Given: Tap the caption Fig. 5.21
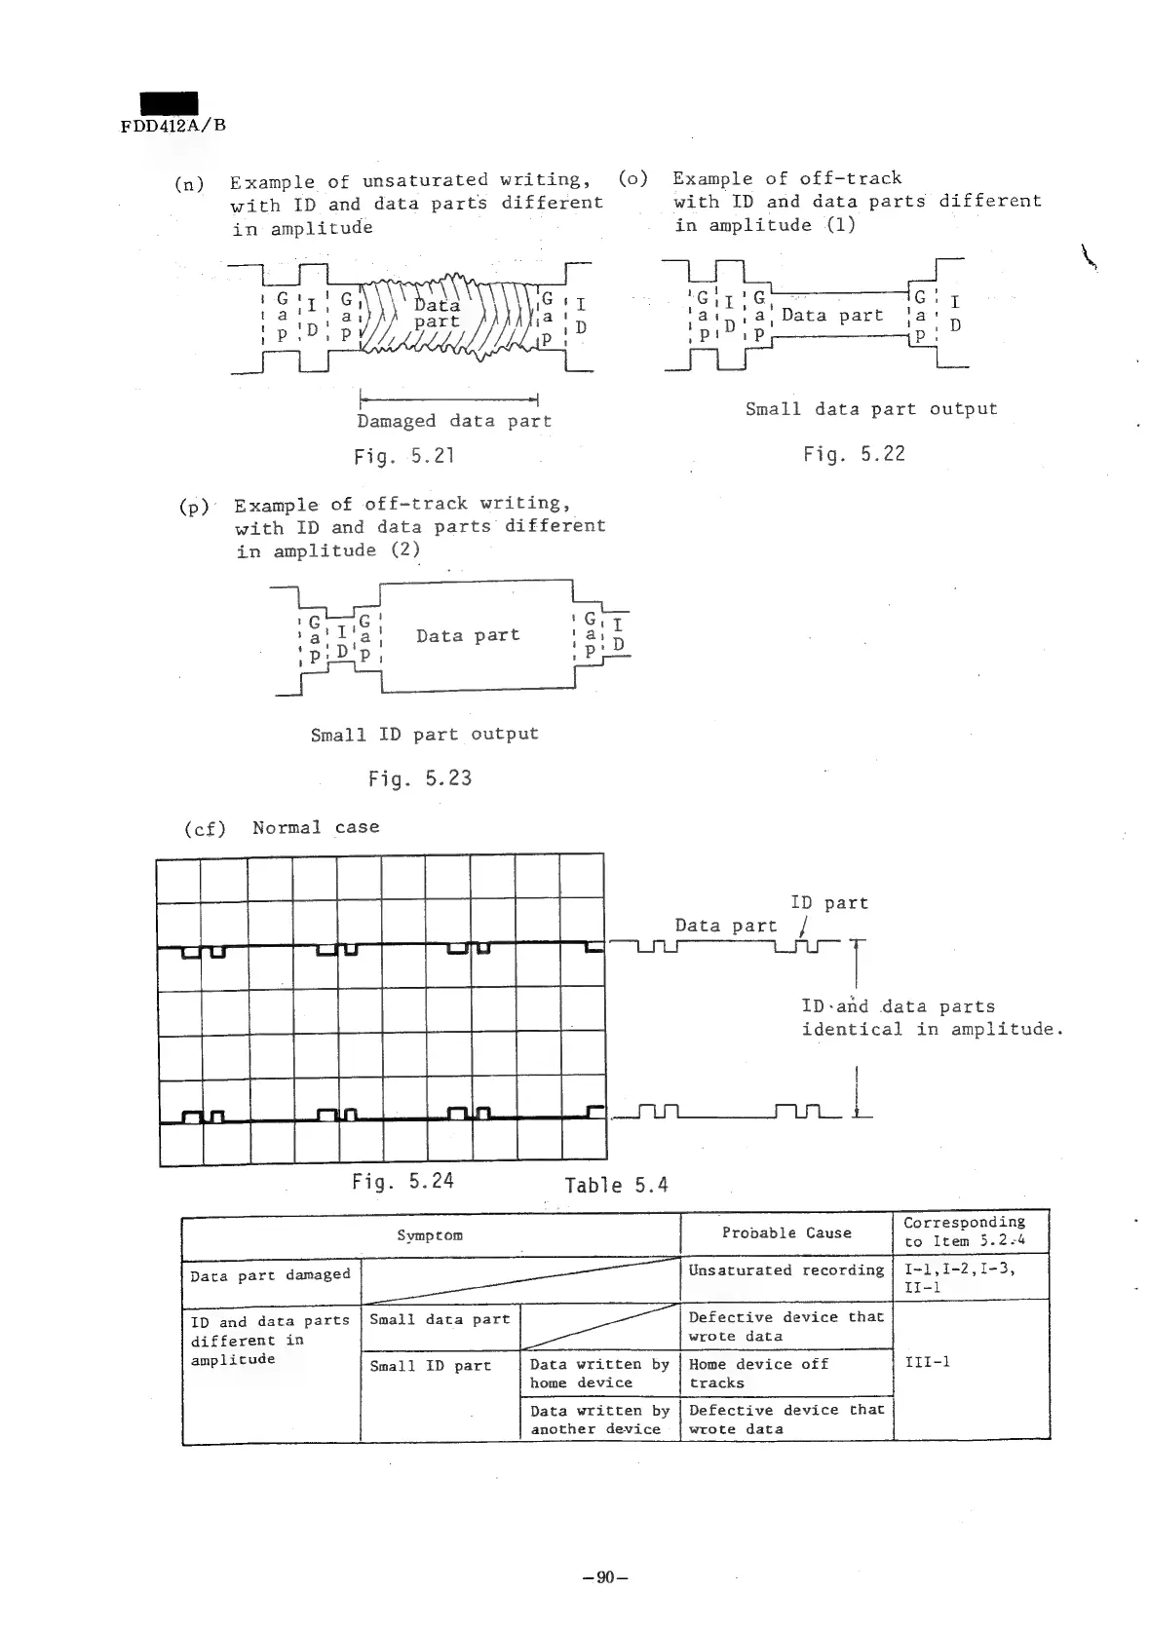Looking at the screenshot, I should (404, 456).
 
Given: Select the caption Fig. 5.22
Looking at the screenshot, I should (854, 454).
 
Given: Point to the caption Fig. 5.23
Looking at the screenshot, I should (419, 778).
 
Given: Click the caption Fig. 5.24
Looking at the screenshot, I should (402, 1182).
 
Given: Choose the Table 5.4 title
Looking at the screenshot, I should (616, 1186).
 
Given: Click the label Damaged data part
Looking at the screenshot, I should (453, 421).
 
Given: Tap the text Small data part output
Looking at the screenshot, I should (871, 409).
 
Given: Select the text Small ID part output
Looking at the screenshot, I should (424, 734).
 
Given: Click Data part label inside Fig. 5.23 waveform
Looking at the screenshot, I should (468, 635).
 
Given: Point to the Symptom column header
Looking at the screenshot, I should (430, 1235).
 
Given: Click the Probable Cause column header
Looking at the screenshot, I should (786, 1232).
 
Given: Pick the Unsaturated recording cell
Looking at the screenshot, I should (785, 1270).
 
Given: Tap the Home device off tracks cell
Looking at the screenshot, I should (758, 1373).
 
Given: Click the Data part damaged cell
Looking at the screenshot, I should (270, 1275).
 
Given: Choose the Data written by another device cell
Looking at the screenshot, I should (599, 1420).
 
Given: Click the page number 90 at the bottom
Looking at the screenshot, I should (603, 1577).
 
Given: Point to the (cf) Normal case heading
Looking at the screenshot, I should (282, 828).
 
